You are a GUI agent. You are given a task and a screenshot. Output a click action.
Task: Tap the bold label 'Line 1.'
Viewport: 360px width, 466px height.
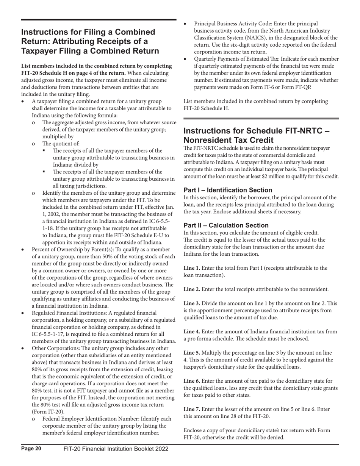[192, 268]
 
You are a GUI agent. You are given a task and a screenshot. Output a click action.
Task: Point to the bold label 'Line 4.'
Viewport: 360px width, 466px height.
[192, 332]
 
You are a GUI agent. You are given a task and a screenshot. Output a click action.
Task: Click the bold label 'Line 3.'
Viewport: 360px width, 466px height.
[192, 303]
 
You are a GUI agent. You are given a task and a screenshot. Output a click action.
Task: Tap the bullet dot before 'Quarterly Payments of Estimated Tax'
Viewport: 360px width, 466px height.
[185, 59]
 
